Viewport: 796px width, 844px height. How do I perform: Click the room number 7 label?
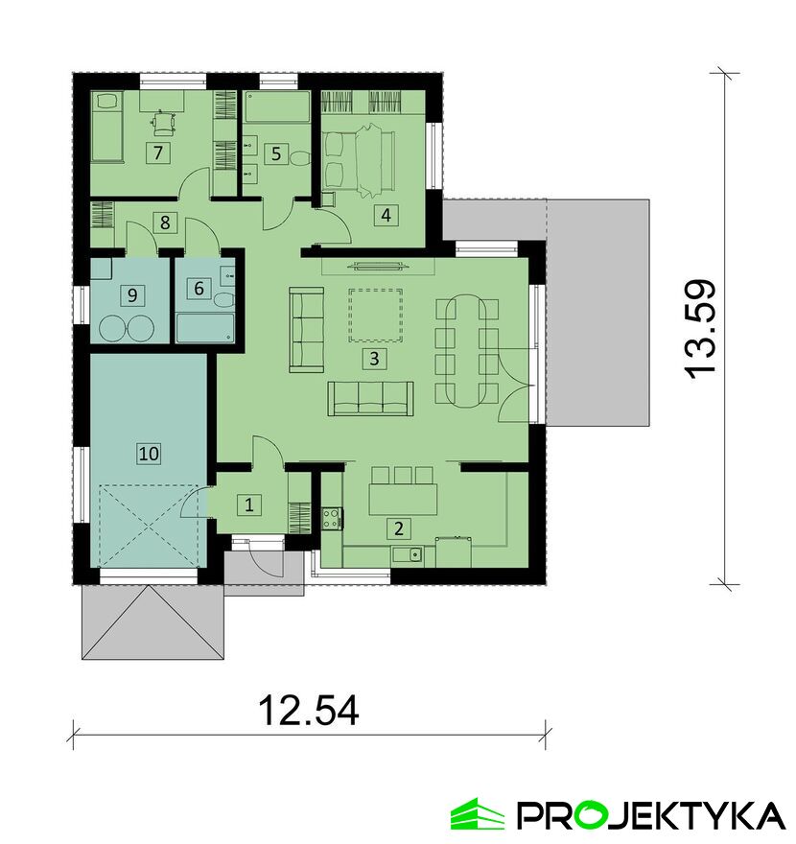click(x=157, y=152)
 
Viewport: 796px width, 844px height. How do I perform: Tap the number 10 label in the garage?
click(x=149, y=454)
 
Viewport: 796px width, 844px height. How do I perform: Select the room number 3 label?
click(x=374, y=358)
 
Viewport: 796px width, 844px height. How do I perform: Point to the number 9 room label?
click(x=132, y=295)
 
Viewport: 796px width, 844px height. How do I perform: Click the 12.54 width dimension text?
click(x=309, y=710)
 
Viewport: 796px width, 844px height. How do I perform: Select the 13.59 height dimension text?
click(x=701, y=329)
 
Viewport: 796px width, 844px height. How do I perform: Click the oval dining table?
click(x=467, y=351)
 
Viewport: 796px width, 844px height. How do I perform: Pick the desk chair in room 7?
click(x=163, y=124)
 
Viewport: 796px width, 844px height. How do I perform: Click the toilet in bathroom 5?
click(x=298, y=158)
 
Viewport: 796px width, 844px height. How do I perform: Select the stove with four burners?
click(x=332, y=518)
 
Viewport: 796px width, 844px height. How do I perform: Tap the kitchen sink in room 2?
click(x=408, y=553)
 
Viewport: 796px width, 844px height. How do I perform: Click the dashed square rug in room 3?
click(x=376, y=316)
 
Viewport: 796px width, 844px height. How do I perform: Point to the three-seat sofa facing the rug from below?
click(x=371, y=398)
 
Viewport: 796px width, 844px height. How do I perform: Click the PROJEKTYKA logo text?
click(x=650, y=816)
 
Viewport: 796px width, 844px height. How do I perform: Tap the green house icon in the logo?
click(x=477, y=815)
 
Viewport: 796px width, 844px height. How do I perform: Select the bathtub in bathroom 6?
click(x=205, y=328)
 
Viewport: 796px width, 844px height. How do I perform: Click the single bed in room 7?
click(x=107, y=127)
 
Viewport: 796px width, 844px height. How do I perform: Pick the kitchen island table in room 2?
click(x=403, y=500)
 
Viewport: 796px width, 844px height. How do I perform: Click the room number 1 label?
click(x=248, y=504)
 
